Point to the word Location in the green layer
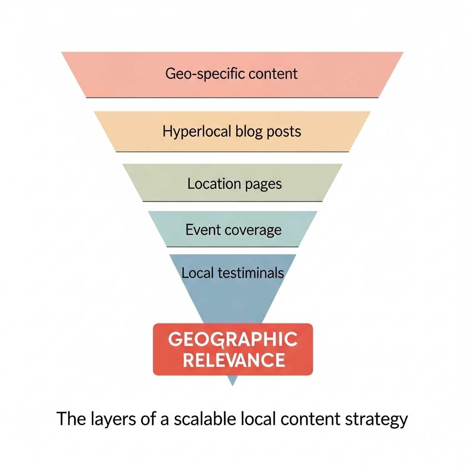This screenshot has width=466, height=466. [207, 184]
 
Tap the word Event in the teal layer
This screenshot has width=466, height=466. [203, 230]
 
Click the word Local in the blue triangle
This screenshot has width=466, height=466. [197, 273]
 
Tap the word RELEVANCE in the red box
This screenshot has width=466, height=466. [233, 360]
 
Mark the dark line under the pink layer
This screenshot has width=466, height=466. [232, 97]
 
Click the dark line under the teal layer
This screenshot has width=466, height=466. [233, 247]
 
